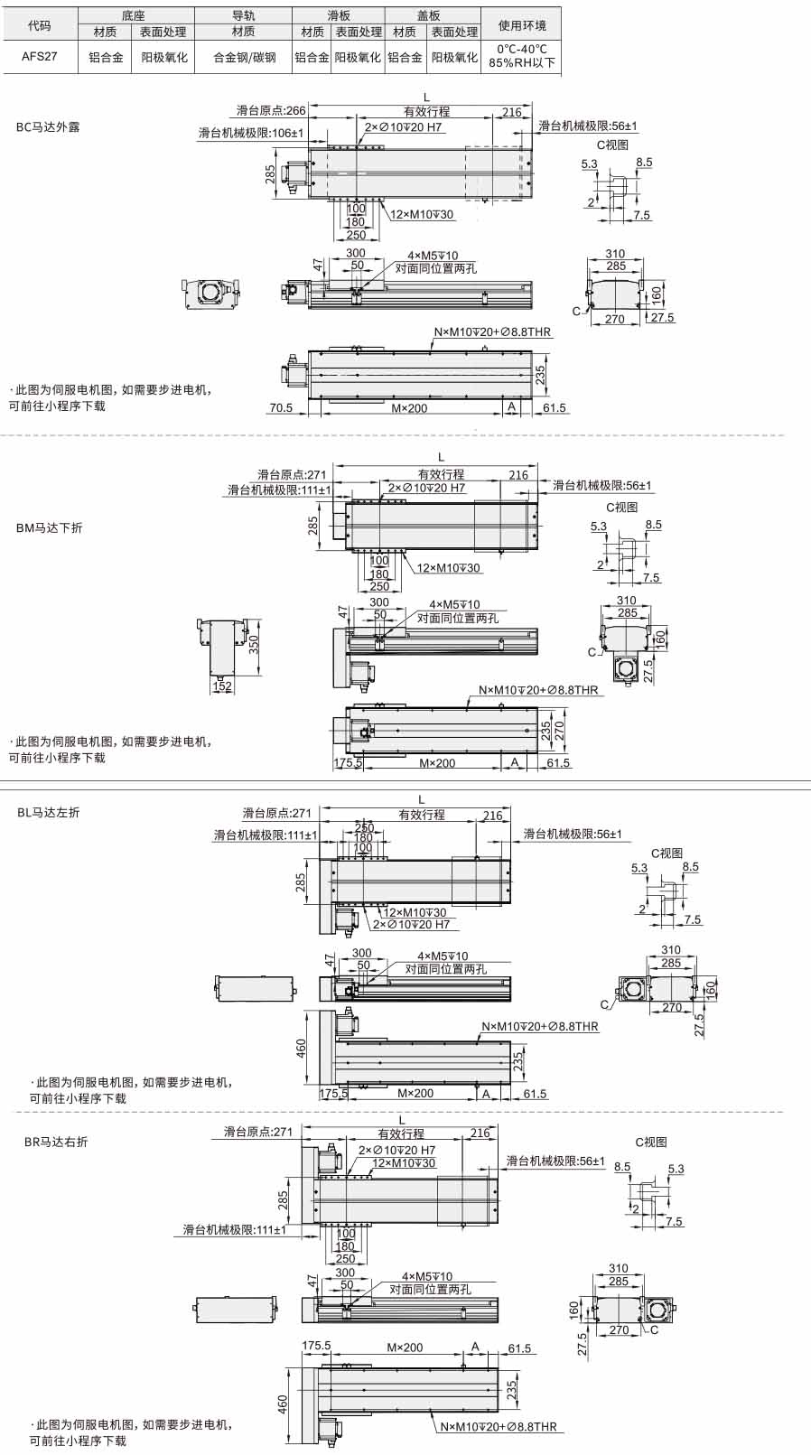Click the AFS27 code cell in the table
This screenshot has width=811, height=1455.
(40, 57)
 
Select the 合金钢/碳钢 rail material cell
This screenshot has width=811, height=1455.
(244, 57)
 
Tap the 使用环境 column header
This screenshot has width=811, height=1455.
(521, 25)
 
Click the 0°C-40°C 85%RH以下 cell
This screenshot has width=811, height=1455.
(521, 56)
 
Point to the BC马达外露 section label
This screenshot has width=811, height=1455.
(48, 127)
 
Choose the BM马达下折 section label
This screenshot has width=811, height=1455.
(50, 528)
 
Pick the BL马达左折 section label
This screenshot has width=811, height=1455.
(48, 813)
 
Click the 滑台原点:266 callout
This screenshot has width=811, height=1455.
(271, 110)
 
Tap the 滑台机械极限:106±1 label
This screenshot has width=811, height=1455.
(251, 133)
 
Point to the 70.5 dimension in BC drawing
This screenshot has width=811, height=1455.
(281, 408)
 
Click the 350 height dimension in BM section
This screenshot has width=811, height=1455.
(254, 644)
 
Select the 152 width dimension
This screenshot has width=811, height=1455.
(222, 686)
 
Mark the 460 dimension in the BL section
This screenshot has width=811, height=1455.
(301, 1048)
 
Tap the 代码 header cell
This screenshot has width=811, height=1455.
(40, 25)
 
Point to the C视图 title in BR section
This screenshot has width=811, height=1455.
(650, 1142)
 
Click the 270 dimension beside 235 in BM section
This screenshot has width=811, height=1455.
(559, 733)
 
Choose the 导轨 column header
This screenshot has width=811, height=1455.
(243, 15)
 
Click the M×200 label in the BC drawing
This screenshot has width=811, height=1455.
(410, 408)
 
